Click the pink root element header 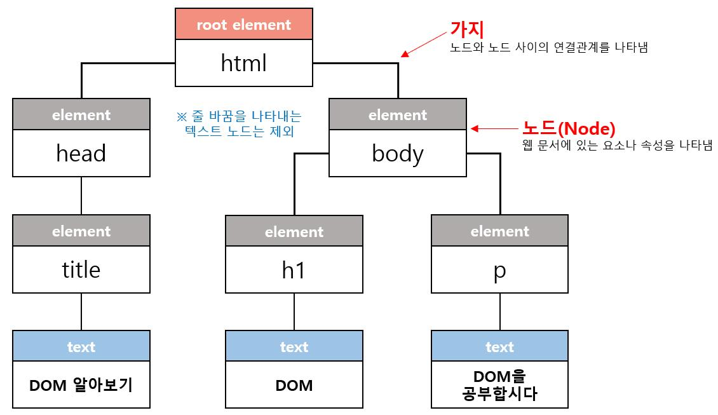pos(243,25)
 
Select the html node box pos(243,63)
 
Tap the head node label pos(81,153)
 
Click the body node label pos(398,153)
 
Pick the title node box pos(81,269)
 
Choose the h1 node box pos(294,269)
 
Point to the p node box pos(499,269)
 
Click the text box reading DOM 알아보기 pos(81,385)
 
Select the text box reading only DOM pos(294,385)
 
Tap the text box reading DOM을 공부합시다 pos(499,385)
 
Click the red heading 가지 pos(467,29)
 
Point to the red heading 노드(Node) pos(568,129)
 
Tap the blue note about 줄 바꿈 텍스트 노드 pos(238,124)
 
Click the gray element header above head pos(81,115)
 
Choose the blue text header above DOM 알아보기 pos(81,347)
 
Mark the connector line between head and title pos(81,196)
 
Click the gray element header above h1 pos(294,231)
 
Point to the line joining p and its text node pos(499,311)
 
